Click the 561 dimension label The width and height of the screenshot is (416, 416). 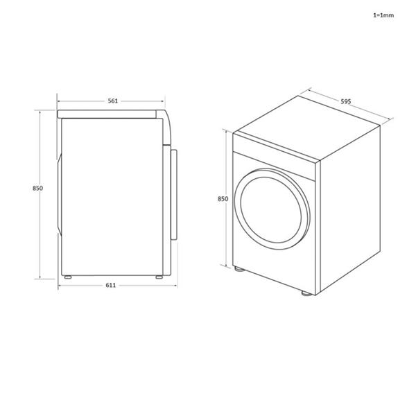coord(112,101)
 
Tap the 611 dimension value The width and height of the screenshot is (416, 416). coord(112,285)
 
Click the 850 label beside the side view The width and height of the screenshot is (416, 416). coord(38,189)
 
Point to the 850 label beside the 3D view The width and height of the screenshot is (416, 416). coord(223,199)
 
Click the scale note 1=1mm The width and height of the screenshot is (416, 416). coord(383,15)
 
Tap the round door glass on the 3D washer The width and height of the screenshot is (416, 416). coord(272,208)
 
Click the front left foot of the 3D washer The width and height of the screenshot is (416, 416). coord(239,270)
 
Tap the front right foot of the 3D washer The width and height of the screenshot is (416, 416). coord(306,294)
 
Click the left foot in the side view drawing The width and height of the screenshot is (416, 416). coord(67,277)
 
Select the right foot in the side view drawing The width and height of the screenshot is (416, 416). coord(159,277)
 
